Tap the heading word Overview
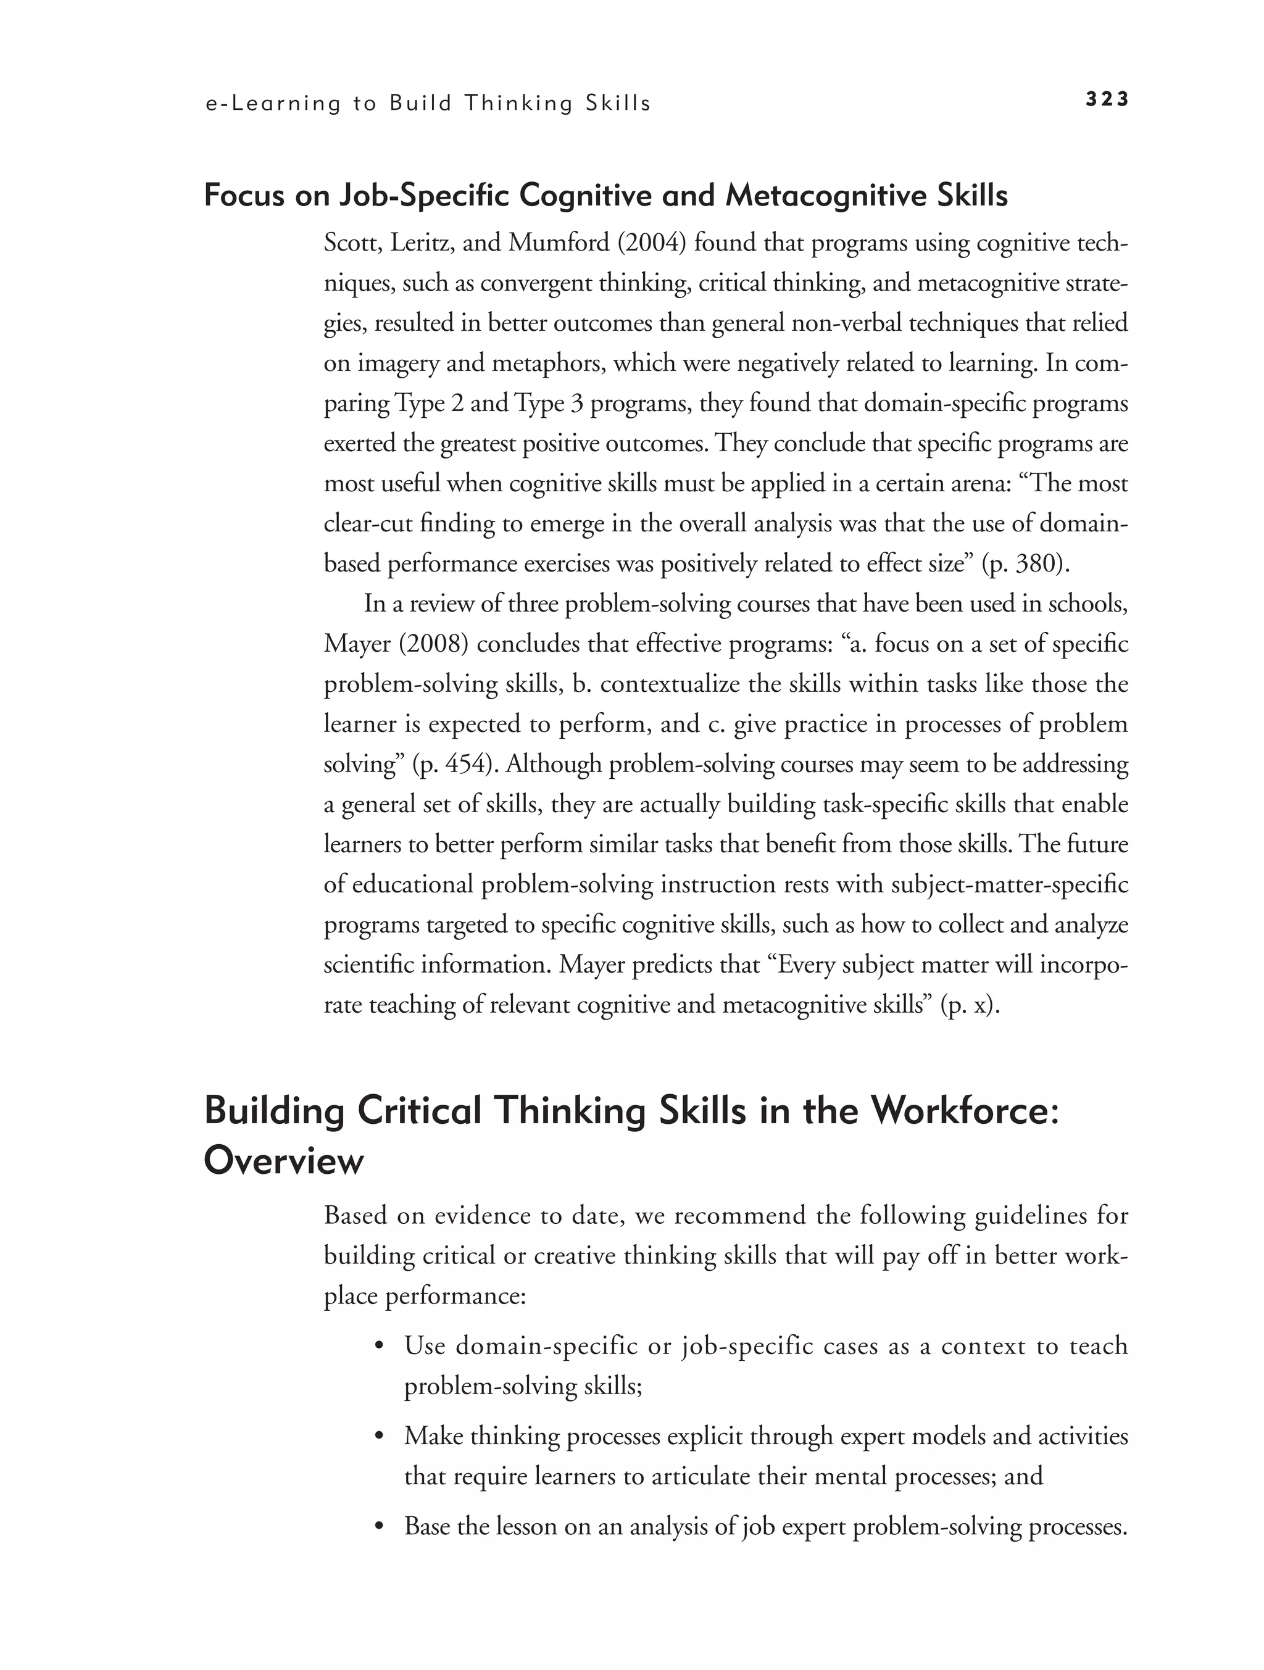[x=283, y=1160]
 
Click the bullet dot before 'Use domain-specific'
[x=381, y=1348]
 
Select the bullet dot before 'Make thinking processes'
[x=381, y=1437]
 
